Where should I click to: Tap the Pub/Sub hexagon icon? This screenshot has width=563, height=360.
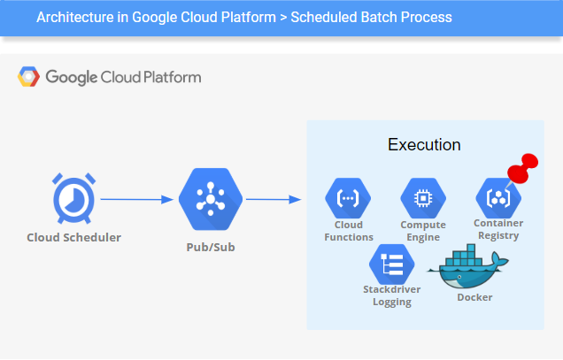(211, 200)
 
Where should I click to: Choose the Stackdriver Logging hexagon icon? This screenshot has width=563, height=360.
(391, 264)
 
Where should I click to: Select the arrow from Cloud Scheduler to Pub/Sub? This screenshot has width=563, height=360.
(136, 199)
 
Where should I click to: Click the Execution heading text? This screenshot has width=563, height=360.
(424, 144)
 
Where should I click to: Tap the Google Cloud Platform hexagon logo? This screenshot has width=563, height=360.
(29, 77)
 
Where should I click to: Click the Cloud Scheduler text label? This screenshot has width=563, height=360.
(73, 237)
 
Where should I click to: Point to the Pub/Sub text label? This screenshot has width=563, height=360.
(211, 246)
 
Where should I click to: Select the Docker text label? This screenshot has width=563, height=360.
(474, 297)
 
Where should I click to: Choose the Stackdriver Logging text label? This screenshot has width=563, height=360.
(391, 295)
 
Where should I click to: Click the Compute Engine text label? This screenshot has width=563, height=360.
(422, 231)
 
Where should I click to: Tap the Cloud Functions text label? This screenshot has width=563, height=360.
(347, 231)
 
